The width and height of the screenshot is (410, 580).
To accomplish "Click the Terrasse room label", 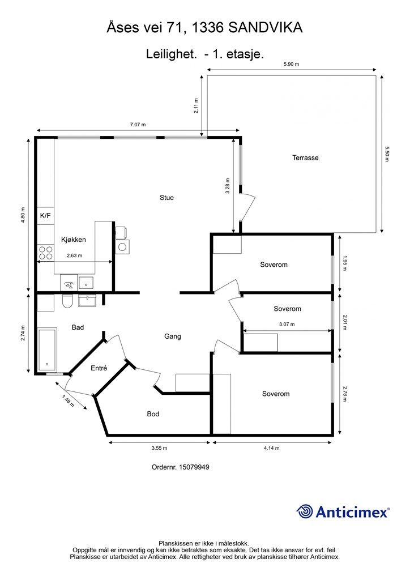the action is click(x=305, y=157).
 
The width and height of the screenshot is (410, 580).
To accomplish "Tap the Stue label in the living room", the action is click(x=166, y=198).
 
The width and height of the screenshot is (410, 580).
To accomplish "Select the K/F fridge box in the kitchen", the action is click(x=45, y=216).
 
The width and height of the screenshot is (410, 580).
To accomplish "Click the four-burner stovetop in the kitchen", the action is click(x=45, y=253).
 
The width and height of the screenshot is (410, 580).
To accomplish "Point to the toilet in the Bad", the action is click(x=67, y=301).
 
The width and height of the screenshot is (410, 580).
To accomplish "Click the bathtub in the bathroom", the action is click(x=48, y=349).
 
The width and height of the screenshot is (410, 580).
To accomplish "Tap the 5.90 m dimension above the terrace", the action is click(x=291, y=64).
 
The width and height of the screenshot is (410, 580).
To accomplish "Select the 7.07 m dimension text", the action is click(x=138, y=125).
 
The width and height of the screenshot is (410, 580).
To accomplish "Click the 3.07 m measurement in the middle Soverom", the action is click(x=287, y=325).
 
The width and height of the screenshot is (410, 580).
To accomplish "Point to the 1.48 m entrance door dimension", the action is click(x=68, y=401).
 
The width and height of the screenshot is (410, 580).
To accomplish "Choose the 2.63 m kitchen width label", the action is click(x=74, y=255).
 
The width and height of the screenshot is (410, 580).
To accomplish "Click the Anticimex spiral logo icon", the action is click(x=305, y=511).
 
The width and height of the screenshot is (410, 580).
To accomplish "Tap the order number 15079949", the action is click(x=194, y=467).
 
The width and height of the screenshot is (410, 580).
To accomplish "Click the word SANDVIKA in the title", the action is click(x=265, y=28).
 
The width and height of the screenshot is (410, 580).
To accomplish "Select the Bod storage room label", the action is click(x=153, y=414).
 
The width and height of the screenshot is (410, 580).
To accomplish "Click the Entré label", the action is click(x=99, y=368).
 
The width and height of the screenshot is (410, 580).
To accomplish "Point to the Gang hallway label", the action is click(x=173, y=336).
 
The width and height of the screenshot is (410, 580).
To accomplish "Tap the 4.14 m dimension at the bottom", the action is click(x=272, y=448).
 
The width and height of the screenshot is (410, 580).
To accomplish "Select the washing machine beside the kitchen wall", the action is click(x=122, y=246).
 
